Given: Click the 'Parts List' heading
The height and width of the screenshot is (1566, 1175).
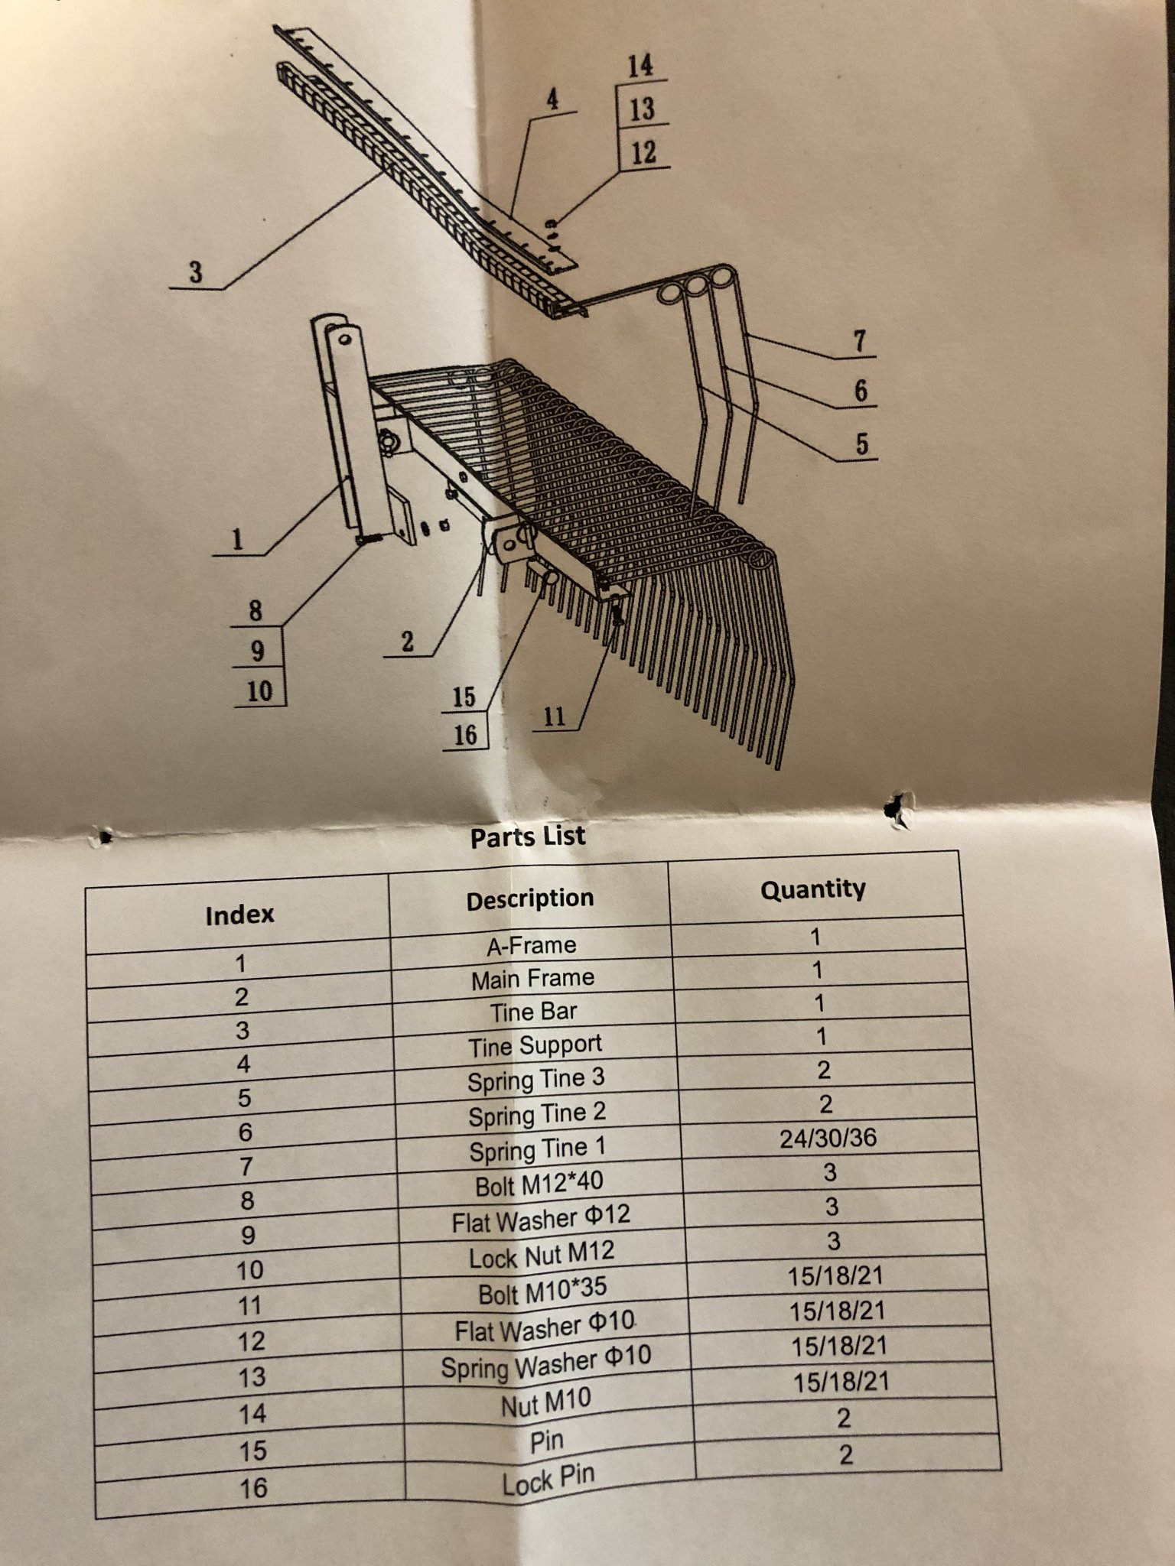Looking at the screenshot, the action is tap(528, 836).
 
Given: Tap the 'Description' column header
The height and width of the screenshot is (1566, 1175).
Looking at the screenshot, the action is tap(530, 898).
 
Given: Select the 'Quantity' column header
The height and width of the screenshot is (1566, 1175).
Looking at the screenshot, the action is tap(813, 889).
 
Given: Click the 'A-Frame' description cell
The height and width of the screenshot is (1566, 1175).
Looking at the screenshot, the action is tap(532, 945).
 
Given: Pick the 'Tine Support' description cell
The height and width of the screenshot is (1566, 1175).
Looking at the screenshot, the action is tap(535, 1045).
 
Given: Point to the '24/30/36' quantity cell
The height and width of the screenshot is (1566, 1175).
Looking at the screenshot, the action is tap(828, 1138).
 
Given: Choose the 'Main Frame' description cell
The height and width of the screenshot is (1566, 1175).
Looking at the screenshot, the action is tap(533, 979).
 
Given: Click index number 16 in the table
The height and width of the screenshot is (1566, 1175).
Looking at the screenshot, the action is tap(253, 1487).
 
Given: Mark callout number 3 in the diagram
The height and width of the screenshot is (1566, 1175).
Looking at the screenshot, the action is tap(196, 271).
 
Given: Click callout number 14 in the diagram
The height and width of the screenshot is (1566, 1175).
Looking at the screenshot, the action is tap(640, 65).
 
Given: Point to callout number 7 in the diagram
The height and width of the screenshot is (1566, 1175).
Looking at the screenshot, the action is tap(860, 341).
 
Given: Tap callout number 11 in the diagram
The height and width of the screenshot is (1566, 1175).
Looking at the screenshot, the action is tap(554, 716).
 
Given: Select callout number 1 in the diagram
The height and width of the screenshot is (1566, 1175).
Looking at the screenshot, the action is tap(237, 540).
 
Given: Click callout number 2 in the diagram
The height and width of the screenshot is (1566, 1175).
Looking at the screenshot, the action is tap(408, 642).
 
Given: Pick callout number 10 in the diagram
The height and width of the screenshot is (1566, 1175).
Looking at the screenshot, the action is tap(259, 691).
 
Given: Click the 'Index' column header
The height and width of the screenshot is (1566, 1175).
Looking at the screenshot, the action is tap(239, 915).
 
